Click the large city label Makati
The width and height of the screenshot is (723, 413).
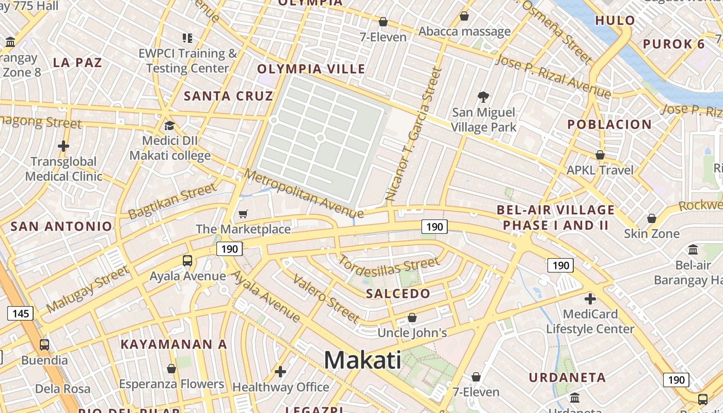click(x=363, y=360)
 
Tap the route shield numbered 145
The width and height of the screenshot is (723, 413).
click(x=21, y=313)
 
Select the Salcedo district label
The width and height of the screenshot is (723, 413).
click(x=398, y=294)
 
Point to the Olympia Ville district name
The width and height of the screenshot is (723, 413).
click(x=311, y=69)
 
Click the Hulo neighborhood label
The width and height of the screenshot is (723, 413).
click(x=615, y=21)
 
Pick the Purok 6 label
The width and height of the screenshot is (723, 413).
click(x=673, y=44)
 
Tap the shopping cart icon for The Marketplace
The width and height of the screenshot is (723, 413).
click(x=243, y=214)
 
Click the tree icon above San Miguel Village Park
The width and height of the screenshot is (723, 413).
click(x=483, y=97)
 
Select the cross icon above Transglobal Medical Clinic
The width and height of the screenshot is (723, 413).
click(x=64, y=146)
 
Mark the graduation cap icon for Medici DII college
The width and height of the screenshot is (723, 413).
click(x=169, y=125)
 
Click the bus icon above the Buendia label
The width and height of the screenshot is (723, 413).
click(x=44, y=344)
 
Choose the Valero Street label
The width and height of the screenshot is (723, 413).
click(x=326, y=298)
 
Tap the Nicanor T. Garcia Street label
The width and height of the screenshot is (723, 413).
click(x=415, y=134)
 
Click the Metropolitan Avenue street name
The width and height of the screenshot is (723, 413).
click(x=304, y=194)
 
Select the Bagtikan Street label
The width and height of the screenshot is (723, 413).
click(x=172, y=201)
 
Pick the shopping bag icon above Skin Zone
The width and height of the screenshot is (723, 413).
click(x=652, y=218)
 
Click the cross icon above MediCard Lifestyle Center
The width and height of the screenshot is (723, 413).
click(x=590, y=298)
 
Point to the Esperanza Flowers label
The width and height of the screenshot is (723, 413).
click(x=171, y=384)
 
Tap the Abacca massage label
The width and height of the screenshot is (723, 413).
click(x=464, y=31)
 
